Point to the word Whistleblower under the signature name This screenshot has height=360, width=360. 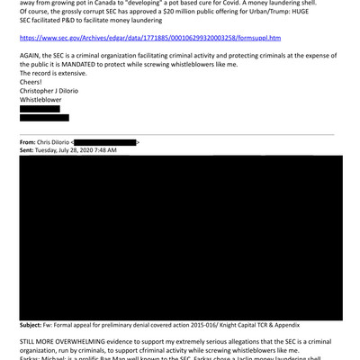pyautogui.click(x=41, y=99)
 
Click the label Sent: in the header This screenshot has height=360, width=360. pyautogui.click(x=28, y=149)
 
